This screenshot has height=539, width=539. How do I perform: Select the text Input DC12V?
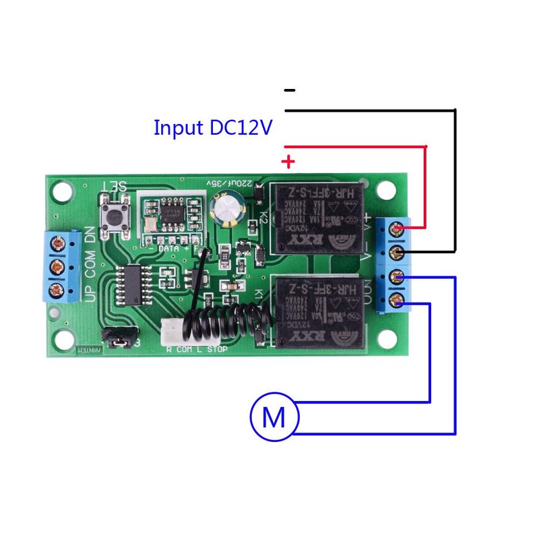(x=213, y=127)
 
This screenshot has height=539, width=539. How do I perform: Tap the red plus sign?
(x=288, y=162)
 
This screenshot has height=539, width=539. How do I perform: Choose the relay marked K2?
(x=317, y=217)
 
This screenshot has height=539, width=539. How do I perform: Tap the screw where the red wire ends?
(x=398, y=230)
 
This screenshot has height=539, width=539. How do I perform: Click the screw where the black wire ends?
(x=398, y=253)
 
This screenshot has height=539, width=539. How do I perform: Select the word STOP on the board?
(x=218, y=350)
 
